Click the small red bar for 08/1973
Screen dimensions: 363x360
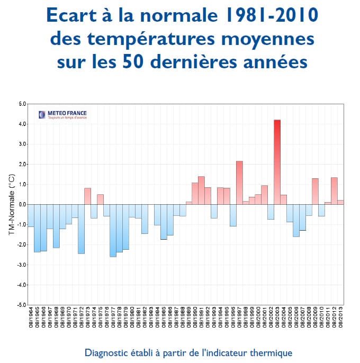[87, 196]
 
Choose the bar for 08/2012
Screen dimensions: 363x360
[334, 191]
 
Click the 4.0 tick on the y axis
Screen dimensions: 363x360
[21, 124]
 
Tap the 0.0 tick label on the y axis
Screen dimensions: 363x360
[21, 204]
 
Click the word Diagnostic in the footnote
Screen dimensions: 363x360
[106, 352]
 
